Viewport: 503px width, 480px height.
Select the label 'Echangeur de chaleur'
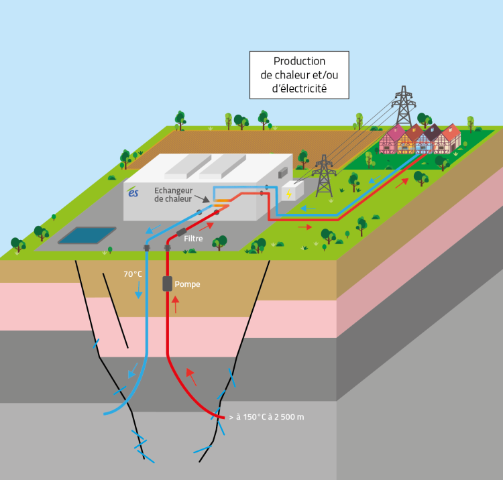(172, 194)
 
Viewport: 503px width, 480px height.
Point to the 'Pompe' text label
(187, 284)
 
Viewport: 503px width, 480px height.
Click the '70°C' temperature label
(133, 274)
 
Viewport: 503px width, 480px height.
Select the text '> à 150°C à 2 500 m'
(266, 417)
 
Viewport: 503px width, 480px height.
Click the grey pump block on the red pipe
(167, 283)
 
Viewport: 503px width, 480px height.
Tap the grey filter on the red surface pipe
(182, 233)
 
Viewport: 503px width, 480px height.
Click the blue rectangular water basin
(86, 235)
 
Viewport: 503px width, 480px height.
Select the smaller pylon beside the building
(325, 176)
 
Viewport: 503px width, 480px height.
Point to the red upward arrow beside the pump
(176, 305)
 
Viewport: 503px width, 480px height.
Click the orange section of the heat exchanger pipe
(223, 200)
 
